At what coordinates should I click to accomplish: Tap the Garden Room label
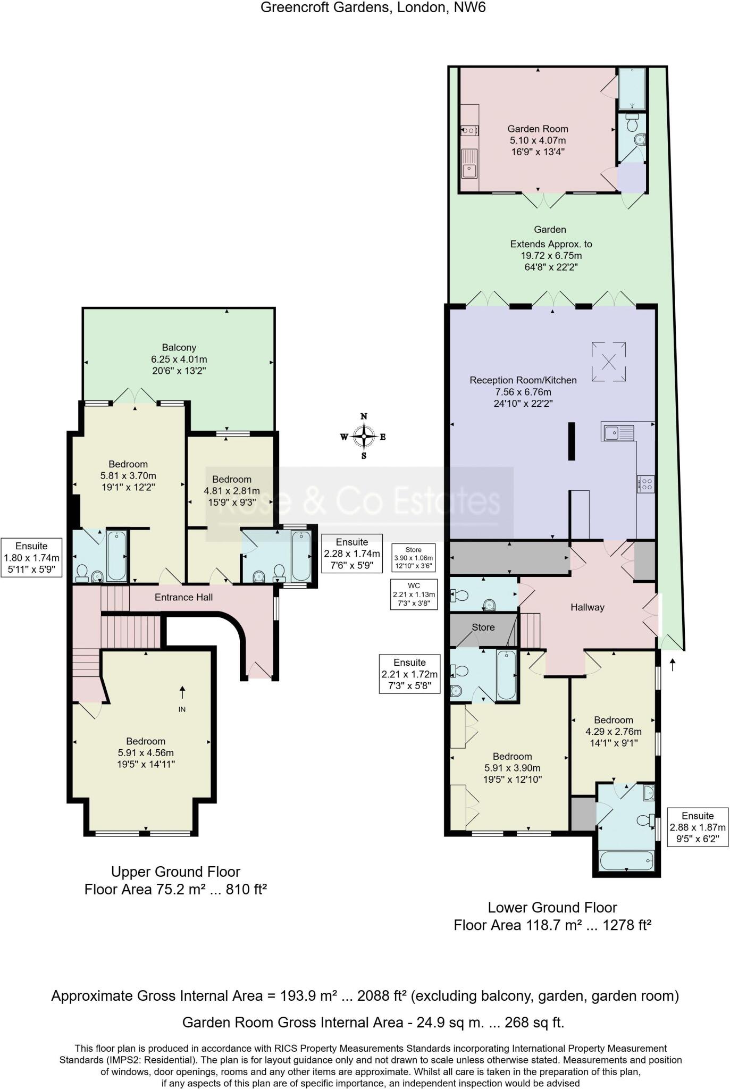pos(538,129)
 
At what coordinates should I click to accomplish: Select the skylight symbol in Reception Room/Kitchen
pos(608,362)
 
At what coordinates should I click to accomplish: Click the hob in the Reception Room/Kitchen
pos(646,484)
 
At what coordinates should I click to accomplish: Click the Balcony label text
pos(179,347)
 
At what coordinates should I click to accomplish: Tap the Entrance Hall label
pos(183,597)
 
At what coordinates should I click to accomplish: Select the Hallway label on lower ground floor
pos(587,607)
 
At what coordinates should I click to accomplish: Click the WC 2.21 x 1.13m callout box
pos(414,594)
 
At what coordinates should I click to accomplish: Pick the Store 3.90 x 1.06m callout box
pos(413,557)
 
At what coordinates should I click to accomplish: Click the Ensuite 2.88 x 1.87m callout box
pos(697,827)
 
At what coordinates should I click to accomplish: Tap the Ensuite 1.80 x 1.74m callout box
pos(31,558)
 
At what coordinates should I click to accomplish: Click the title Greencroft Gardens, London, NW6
pos(373,8)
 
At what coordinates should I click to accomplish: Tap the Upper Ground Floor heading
pos(175,872)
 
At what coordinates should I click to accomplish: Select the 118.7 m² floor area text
pos(552,925)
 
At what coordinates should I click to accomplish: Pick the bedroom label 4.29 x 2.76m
pos(614,731)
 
